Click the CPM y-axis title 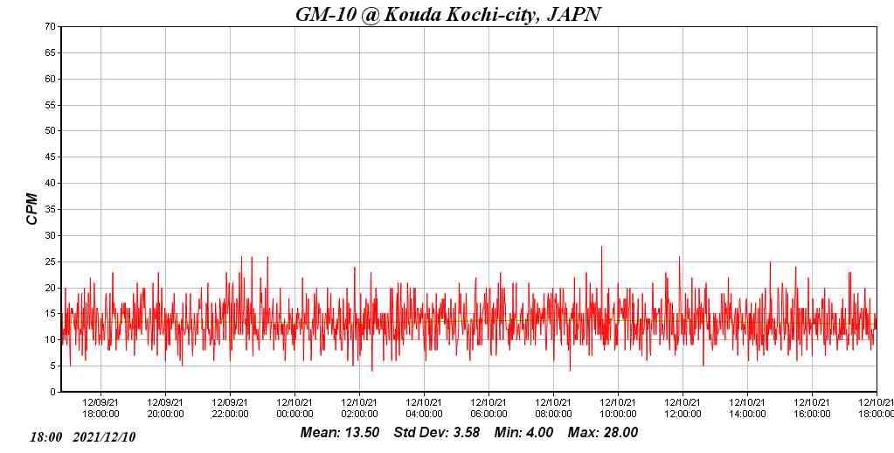click(x=32, y=209)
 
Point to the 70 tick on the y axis click(x=51, y=27)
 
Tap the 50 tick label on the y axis click(x=51, y=131)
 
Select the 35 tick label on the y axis click(x=51, y=210)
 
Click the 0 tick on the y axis click(x=53, y=392)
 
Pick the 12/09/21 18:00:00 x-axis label click(x=101, y=408)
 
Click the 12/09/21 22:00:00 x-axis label click(x=231, y=408)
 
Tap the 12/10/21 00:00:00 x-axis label click(x=295, y=408)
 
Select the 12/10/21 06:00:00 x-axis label click(x=489, y=408)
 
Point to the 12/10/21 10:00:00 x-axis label click(x=619, y=408)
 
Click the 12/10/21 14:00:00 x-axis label click(x=748, y=408)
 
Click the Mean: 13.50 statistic click(x=340, y=432)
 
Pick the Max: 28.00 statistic click(x=603, y=432)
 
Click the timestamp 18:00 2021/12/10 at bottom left click(x=83, y=436)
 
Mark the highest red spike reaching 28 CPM click(x=601, y=247)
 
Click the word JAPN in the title click(x=573, y=14)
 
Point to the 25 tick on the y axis click(x=51, y=261)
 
